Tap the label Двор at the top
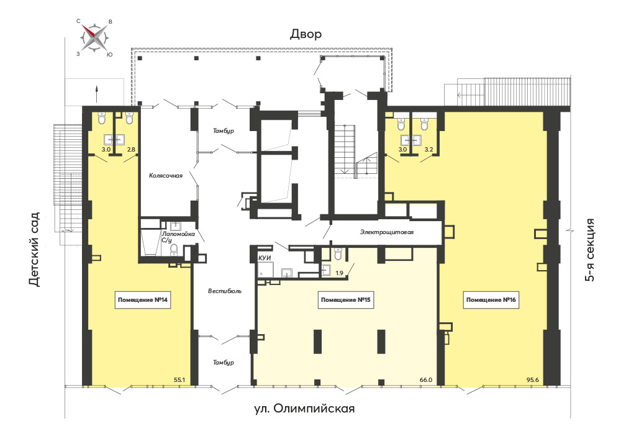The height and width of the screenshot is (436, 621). pos(306,34)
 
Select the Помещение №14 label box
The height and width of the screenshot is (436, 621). pos(143,300)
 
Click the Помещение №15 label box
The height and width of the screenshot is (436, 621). pos(345,300)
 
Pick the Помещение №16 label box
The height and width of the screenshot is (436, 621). pos(491,300)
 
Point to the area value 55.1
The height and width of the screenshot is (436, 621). pos(179,379)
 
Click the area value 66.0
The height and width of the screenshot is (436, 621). pos(426,379)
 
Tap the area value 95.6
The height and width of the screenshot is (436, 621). pos(532,379)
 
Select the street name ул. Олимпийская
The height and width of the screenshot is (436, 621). pos(304,408)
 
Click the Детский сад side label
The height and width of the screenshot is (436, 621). pos(34,249)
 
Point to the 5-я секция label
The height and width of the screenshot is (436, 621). pos(590,250)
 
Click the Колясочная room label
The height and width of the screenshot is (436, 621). pos(166,175)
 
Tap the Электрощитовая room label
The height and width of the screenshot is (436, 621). pos(386,232)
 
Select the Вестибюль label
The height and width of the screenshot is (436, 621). pos(225,291)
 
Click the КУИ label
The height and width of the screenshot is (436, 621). pos(265,258)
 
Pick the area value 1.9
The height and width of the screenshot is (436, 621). pos(340,273)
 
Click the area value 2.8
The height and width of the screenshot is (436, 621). pos(130,150)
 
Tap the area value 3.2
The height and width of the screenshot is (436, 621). pos(428,150)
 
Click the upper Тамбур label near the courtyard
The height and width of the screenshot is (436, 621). pos(224,131)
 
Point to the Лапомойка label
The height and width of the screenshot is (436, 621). pos(178,234)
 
